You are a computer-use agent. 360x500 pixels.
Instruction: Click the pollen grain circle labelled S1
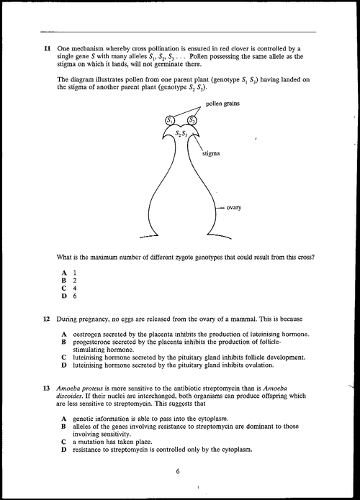point(170,119)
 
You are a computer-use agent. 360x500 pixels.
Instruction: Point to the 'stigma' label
point(211,153)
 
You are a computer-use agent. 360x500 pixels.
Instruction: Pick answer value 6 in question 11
point(74,296)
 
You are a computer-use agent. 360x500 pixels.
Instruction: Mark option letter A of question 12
point(65,334)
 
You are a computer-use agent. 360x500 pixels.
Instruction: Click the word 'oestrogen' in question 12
point(91,334)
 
